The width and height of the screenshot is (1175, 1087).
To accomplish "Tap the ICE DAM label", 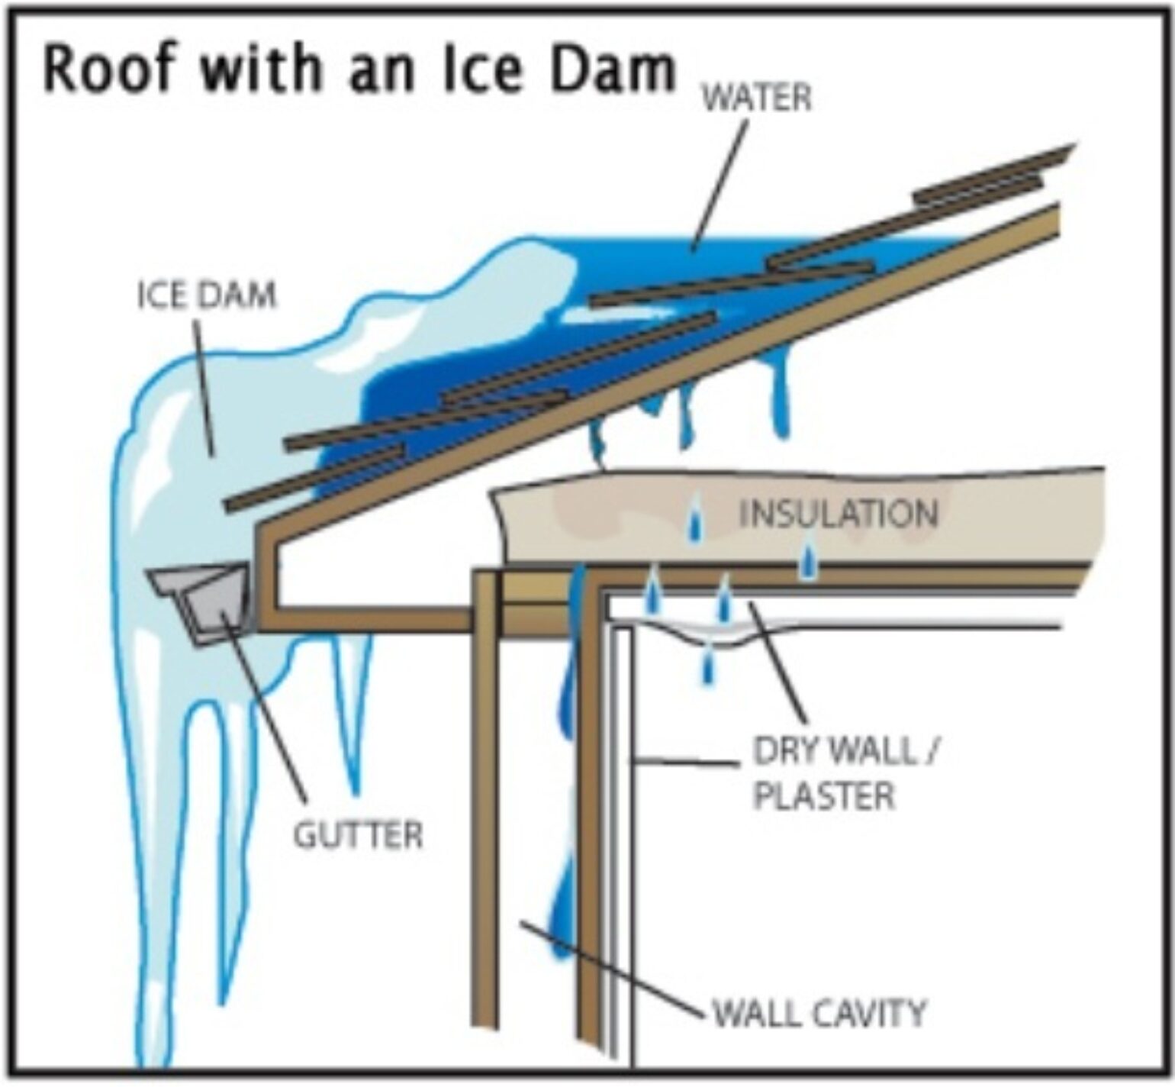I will coord(206,295).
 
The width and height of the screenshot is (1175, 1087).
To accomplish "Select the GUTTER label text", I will coord(358,835).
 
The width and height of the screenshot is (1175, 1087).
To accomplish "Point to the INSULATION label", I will coord(838,514).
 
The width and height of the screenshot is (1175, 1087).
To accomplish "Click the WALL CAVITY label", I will coord(819,1014).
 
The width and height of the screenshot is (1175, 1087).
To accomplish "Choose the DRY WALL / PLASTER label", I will coord(843,774).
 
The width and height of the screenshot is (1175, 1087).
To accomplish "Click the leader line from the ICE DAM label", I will coord(204,382).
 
